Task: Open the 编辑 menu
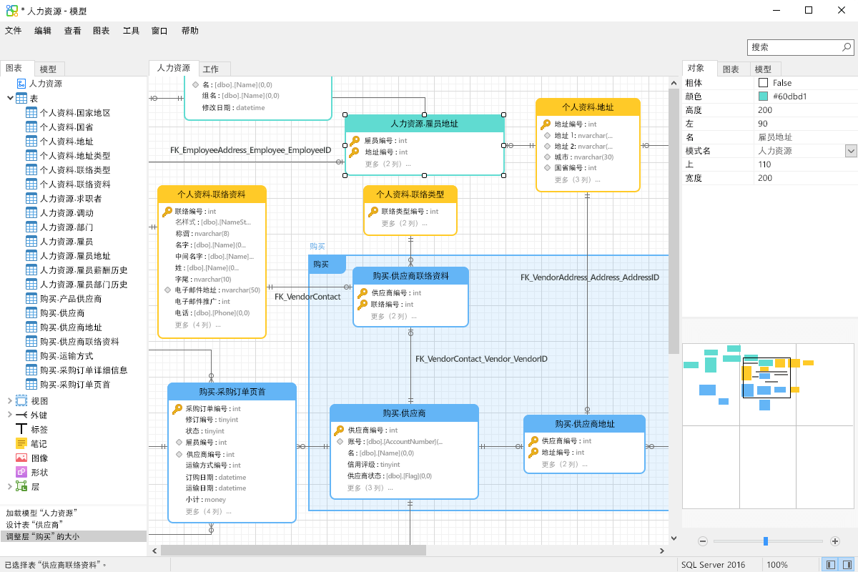tap(43, 31)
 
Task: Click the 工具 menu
tap(131, 31)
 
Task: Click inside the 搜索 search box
tap(794, 47)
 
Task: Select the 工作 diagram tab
tap(211, 69)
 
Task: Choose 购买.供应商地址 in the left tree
tap(71, 327)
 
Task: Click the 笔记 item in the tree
tap(39, 444)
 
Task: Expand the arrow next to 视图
tap(9, 401)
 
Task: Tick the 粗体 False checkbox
tap(764, 83)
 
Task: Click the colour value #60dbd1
tap(790, 97)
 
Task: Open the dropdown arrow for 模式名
tap(851, 151)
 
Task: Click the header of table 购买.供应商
tap(404, 413)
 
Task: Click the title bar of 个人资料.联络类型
tap(410, 194)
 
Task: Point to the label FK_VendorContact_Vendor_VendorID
tap(481, 359)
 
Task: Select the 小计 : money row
tap(206, 500)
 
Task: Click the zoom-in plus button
tap(835, 541)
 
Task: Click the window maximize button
tap(809, 10)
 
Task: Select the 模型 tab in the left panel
tap(48, 69)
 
